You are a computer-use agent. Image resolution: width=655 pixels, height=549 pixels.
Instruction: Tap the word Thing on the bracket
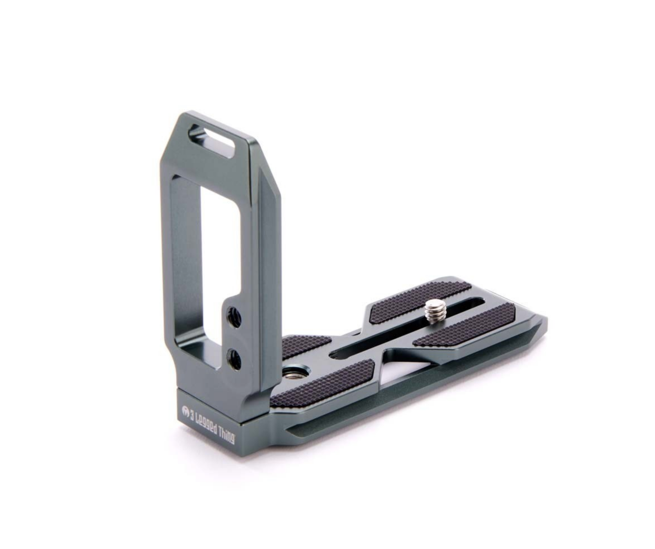pos(227,436)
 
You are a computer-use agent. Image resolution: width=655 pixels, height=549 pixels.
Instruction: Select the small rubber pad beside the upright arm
pos(304,347)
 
